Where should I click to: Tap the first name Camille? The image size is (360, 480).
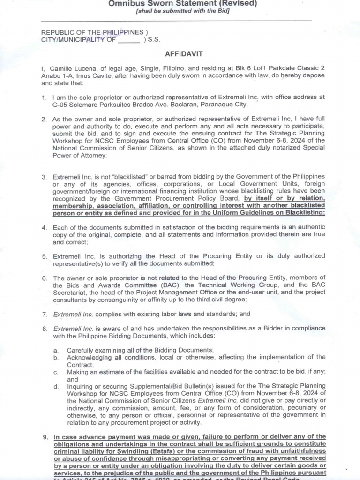(62, 68)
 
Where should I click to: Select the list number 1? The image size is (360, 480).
(44, 97)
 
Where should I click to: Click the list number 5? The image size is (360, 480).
(44, 256)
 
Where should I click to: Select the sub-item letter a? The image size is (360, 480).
(56, 350)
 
